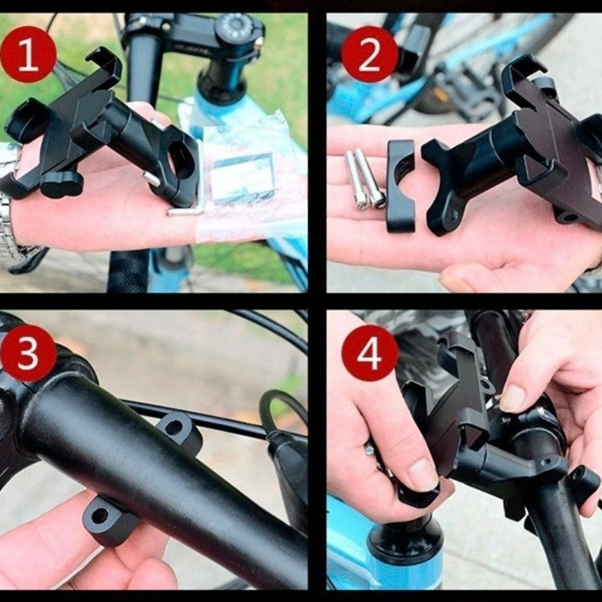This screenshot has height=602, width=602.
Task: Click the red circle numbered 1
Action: [28, 55]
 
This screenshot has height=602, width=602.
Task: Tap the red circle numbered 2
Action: [369, 55]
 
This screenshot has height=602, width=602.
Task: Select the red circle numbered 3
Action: [28, 353]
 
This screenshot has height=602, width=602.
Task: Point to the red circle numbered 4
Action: [369, 353]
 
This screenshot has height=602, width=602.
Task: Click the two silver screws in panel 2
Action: [364, 179]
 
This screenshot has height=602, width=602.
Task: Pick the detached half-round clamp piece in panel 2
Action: [401, 186]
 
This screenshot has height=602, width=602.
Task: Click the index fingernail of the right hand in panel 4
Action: [512, 398]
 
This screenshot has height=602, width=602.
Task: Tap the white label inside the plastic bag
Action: [242, 177]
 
